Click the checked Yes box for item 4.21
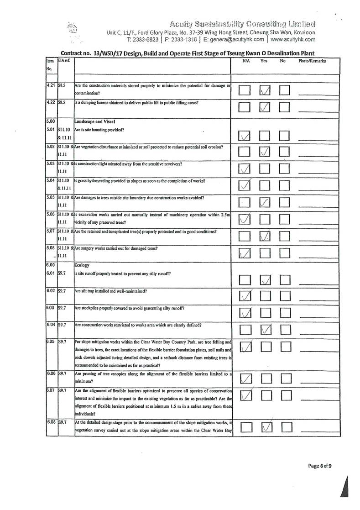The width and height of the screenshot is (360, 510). tap(266, 91)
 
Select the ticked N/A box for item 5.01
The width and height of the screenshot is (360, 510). tap(245, 135)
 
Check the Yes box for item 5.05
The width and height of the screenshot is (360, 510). tap(266, 203)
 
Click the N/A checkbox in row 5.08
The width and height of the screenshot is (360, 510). tap(245, 252)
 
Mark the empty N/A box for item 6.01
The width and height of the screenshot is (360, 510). tap(245, 279)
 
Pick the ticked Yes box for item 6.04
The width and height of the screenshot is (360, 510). tap(266, 329)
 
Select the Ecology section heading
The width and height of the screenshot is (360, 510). tap(82, 264)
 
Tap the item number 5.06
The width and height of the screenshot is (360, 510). tap(51, 215)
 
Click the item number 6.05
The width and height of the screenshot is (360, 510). tap(51, 341)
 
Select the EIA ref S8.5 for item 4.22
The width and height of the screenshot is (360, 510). tap(62, 103)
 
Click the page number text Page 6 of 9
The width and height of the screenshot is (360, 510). tap(320, 466)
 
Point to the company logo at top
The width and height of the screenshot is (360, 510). tap(71, 28)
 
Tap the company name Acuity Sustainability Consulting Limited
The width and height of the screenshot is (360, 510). tap(242, 24)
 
